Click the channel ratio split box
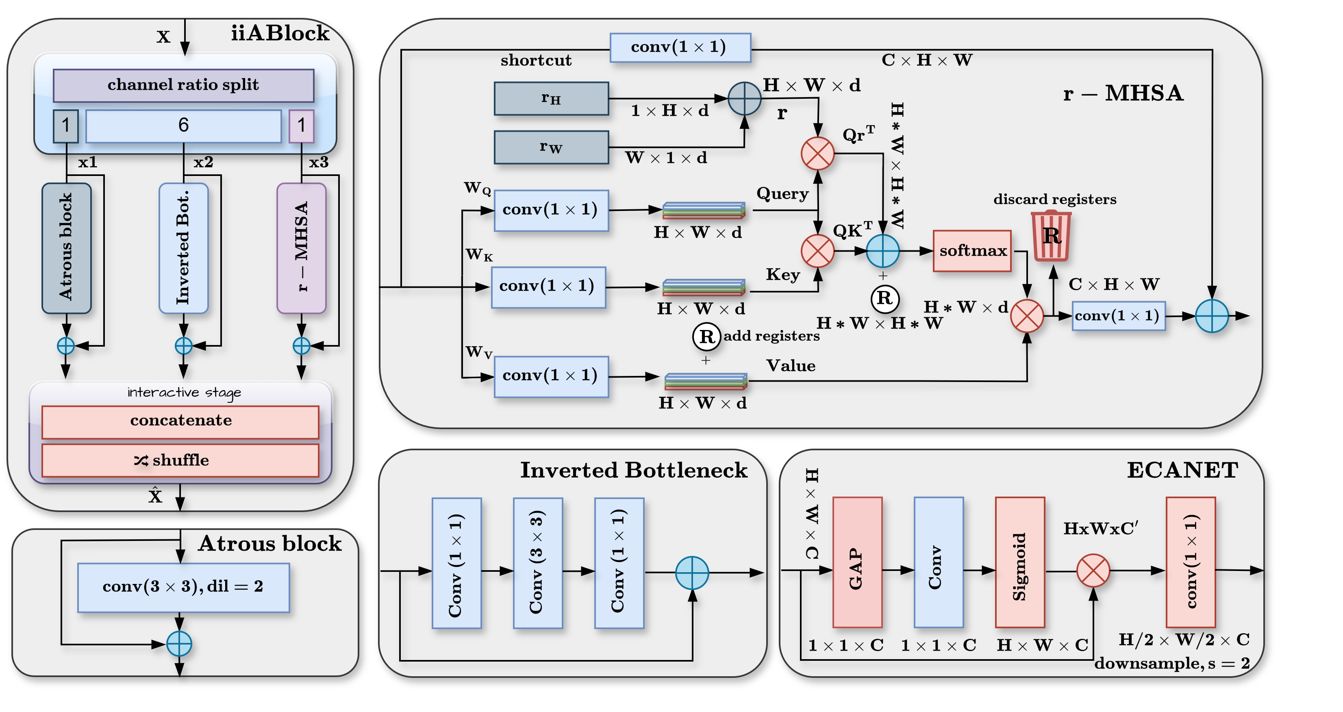pyautogui.click(x=183, y=85)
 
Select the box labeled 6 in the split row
pyautogui.click(x=183, y=126)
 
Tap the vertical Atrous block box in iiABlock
pyautogui.click(x=66, y=247)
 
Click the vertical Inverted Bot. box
pyautogui.click(x=183, y=247)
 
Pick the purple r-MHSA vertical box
pyautogui.click(x=301, y=247)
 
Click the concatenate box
pyautogui.click(x=180, y=421)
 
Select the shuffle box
pyautogui.click(x=180, y=460)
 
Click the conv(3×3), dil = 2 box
pyautogui.click(x=183, y=587)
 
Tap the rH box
pyautogui.click(x=551, y=98)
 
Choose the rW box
pyautogui.click(x=551, y=147)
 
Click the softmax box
pyautogui.click(x=972, y=251)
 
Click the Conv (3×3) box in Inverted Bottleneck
pyautogui.click(x=537, y=563)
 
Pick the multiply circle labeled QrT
pyautogui.click(x=817, y=153)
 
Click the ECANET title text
pyautogui.click(x=1182, y=470)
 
